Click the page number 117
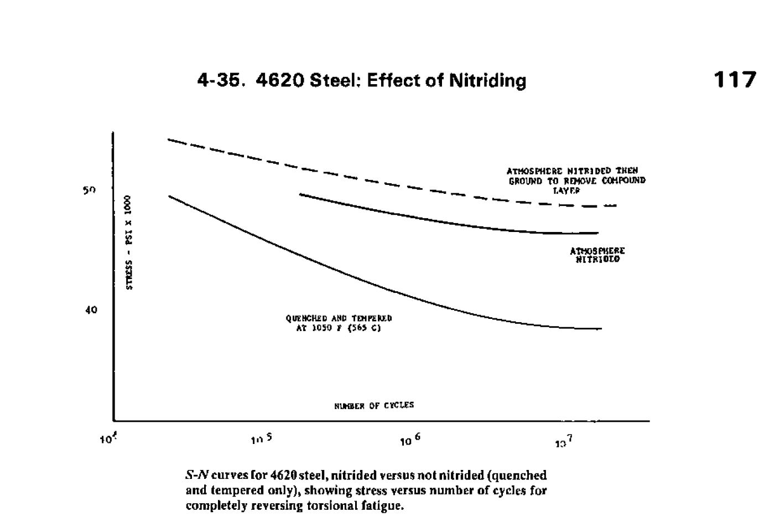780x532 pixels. point(734,80)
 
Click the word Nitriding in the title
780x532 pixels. point(487,81)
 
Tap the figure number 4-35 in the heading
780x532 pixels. point(220,81)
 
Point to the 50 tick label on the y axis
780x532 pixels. point(90,190)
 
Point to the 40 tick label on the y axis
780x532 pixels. point(91,310)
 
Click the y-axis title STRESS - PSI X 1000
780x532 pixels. point(128,242)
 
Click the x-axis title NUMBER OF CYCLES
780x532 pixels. point(374,405)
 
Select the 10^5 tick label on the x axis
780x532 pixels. point(261,440)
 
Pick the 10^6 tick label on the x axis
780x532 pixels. point(410,440)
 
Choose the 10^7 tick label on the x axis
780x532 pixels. point(564,441)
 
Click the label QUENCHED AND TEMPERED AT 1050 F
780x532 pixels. point(339,323)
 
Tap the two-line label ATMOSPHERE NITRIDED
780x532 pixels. point(597,255)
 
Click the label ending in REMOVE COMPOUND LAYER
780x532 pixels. point(575,180)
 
